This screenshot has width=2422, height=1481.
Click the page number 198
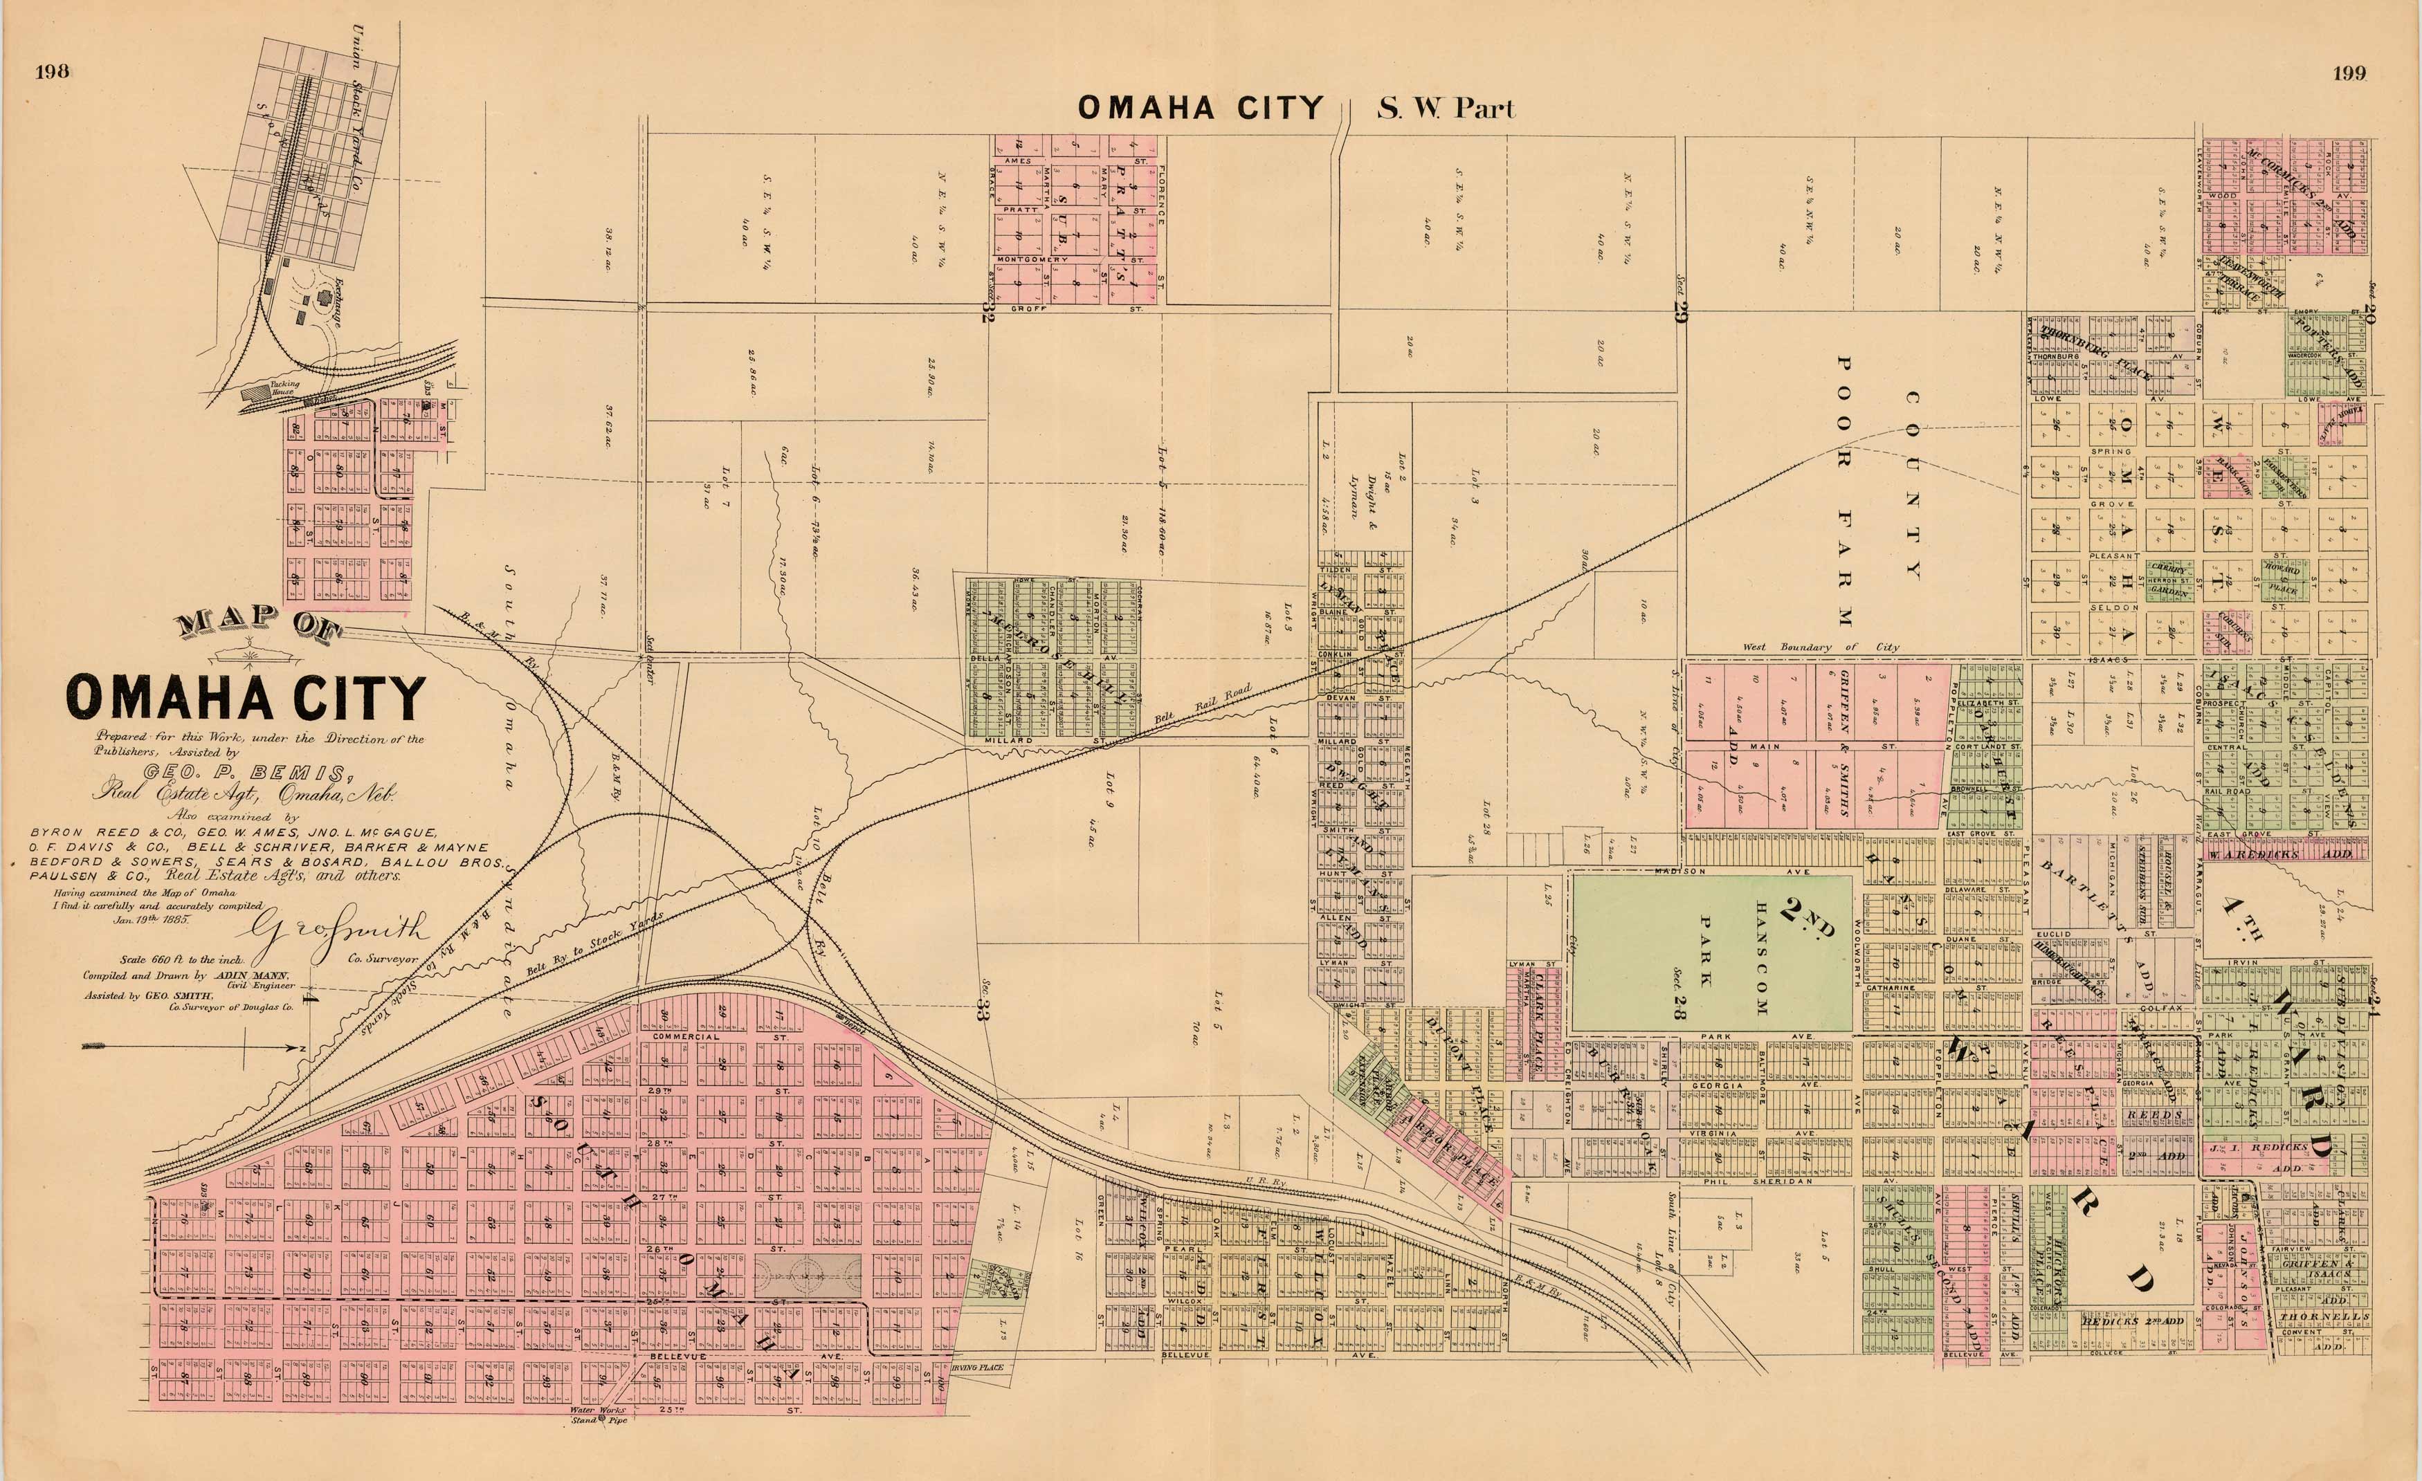[51, 72]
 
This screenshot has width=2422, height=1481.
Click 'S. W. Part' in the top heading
[1445, 108]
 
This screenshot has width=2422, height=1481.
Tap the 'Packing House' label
[284, 387]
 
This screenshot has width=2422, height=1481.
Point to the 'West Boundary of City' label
[1821, 647]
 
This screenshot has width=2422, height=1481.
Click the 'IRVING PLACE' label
[978, 1367]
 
